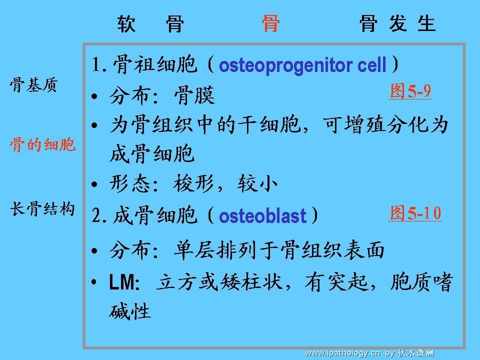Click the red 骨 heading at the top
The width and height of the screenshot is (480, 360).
click(x=270, y=23)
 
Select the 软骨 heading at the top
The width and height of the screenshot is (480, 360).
click(x=150, y=23)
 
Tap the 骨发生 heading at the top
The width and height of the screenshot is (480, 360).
click(x=397, y=23)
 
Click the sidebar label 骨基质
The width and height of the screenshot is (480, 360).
click(x=33, y=85)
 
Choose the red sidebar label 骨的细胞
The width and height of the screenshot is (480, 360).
click(x=42, y=144)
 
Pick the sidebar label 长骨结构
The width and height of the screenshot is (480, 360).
click(x=42, y=209)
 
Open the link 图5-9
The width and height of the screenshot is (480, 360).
click(x=410, y=91)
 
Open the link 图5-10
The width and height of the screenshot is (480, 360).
click(x=415, y=213)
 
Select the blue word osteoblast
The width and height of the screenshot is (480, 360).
click(x=262, y=215)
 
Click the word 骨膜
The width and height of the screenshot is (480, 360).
click(x=194, y=95)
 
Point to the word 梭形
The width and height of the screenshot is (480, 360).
click(x=193, y=183)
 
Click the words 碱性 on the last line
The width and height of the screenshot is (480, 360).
click(x=130, y=311)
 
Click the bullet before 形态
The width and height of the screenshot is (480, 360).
click(x=94, y=184)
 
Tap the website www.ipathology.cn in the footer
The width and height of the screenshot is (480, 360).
click(x=342, y=353)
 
